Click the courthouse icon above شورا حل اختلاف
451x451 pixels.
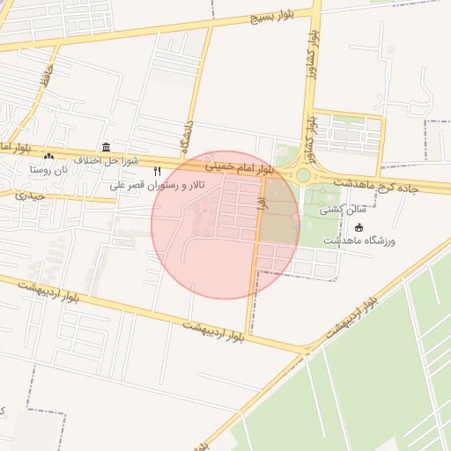[107, 147]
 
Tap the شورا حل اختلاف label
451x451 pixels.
[106, 160]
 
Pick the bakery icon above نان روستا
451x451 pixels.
[49, 157]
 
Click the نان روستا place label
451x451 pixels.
[49, 169]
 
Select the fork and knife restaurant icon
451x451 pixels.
[158, 171]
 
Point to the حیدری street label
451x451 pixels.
[28, 195]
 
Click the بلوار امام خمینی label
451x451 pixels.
[240, 166]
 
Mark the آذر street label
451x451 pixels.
[261, 203]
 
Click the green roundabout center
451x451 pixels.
[303, 175]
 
